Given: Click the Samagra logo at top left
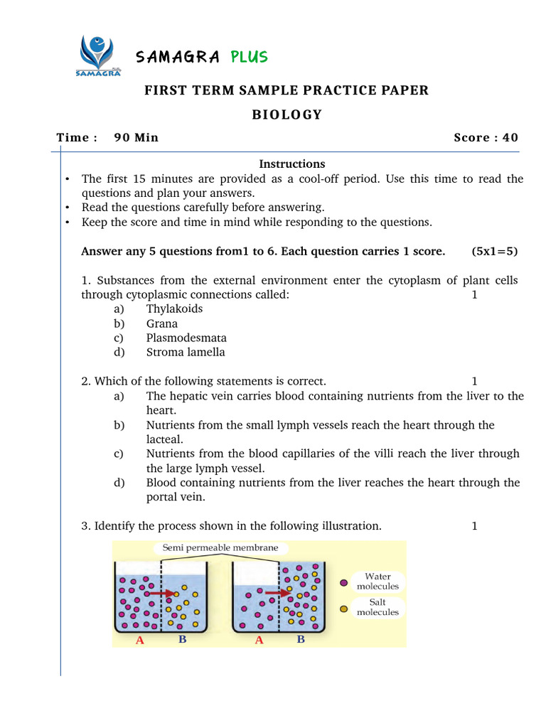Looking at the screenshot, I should click(x=97, y=54).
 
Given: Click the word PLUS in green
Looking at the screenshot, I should click(x=249, y=57).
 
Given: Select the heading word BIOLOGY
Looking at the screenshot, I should click(x=287, y=114).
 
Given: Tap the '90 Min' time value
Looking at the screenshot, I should click(x=136, y=138).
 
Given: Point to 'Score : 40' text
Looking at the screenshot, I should click(x=486, y=138).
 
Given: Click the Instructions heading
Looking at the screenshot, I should click(x=292, y=164).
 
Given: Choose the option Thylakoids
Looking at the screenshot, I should click(x=174, y=309).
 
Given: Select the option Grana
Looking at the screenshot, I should click(x=162, y=323).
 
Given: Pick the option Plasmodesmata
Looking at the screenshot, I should click(x=187, y=338).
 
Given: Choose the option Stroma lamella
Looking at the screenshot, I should click(x=186, y=352).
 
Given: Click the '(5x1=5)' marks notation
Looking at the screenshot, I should click(x=493, y=251).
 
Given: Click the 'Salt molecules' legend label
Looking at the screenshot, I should click(x=378, y=607).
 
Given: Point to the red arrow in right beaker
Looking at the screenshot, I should click(x=278, y=591).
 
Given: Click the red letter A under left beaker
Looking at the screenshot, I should click(x=140, y=641).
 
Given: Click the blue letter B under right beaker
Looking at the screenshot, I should click(x=301, y=640).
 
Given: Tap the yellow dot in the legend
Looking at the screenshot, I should click(x=344, y=609).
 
